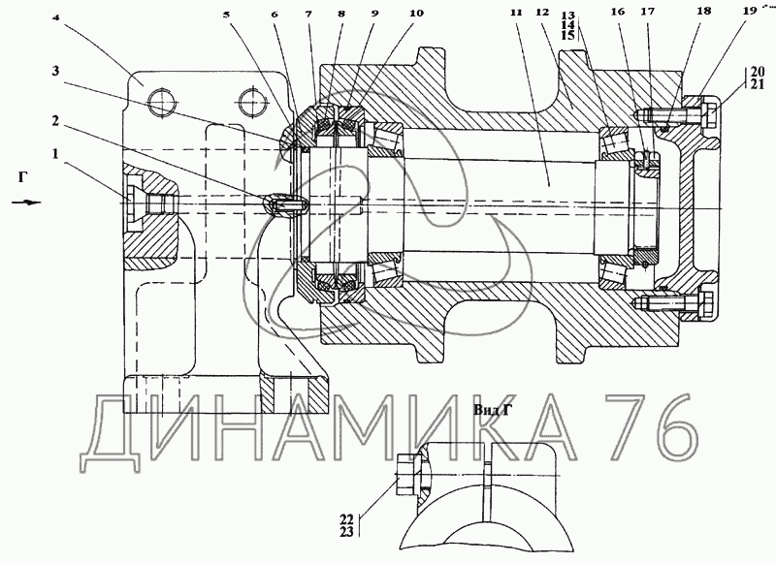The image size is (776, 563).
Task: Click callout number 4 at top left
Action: [x=56, y=18]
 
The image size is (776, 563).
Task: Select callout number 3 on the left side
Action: [x=55, y=71]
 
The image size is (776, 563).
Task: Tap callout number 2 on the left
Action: [x=55, y=120]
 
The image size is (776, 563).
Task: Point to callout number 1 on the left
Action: [x=55, y=154]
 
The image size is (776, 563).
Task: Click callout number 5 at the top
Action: [x=227, y=15]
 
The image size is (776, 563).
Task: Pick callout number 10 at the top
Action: [x=417, y=13]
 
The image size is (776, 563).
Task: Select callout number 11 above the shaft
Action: [x=516, y=13]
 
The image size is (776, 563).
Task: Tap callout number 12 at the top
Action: [x=543, y=12]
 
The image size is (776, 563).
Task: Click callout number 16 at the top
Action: [x=618, y=12]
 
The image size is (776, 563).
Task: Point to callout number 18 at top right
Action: [x=704, y=11]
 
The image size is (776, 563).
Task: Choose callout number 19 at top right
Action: [x=750, y=11]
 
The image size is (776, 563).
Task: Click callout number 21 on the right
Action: [x=758, y=84]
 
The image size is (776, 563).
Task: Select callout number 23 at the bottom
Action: [x=346, y=532]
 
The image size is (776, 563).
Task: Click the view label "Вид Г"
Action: [x=492, y=410]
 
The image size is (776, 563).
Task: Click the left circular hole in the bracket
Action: [x=160, y=103]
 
